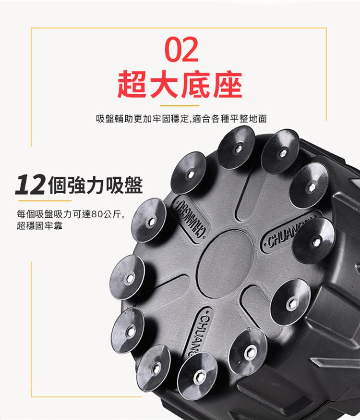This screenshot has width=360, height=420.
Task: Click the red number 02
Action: coord(181,50)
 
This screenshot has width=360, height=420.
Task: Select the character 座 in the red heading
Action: coord(228,85)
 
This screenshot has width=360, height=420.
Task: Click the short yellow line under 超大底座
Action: coord(180,106)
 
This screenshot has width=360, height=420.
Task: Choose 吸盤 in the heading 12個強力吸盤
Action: coord(124,185)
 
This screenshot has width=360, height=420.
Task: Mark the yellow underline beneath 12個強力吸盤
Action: coord(45,200)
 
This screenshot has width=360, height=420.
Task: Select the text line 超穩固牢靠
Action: coord(39,226)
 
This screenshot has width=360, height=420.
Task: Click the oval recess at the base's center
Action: coord(225,263)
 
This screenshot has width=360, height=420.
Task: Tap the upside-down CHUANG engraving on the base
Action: coord(190,217)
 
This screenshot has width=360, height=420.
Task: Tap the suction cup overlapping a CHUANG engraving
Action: coord(314,241)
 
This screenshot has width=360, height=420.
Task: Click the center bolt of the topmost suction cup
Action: coord(238,148)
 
